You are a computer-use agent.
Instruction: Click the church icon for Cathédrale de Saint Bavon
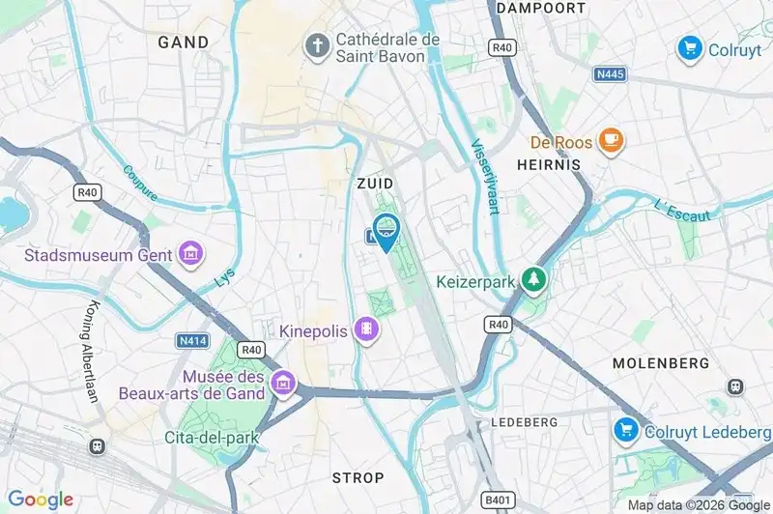(x=316, y=44)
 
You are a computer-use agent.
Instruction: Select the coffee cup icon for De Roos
(x=611, y=142)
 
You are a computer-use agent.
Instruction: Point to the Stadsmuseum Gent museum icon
(x=190, y=254)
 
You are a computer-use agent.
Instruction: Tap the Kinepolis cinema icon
(x=367, y=330)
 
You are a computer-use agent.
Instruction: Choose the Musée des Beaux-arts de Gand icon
(x=282, y=384)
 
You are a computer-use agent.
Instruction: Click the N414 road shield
(x=191, y=340)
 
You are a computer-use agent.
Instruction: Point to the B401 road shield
(x=499, y=500)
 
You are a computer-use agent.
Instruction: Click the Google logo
(x=41, y=500)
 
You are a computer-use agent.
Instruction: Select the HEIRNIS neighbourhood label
(x=547, y=165)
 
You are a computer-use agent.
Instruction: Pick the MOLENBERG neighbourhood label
(x=661, y=363)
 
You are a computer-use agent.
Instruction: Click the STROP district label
(x=358, y=478)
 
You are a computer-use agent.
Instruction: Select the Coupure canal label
(x=141, y=183)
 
